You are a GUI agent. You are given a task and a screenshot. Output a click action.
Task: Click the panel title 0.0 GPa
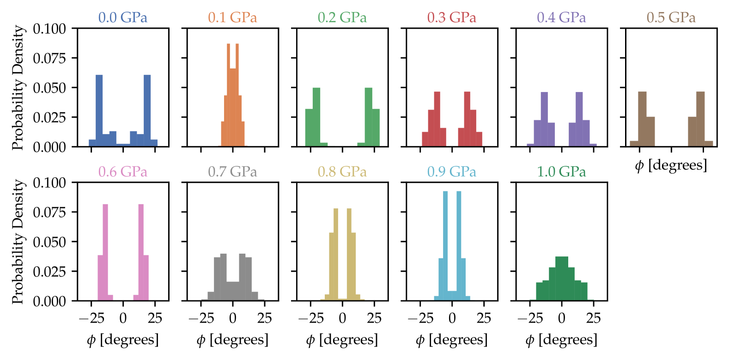pyautogui.click(x=122, y=18)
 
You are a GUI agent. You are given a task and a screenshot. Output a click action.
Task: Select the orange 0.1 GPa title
pyautogui.click(x=232, y=18)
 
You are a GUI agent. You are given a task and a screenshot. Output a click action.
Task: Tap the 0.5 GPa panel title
pyautogui.click(x=671, y=18)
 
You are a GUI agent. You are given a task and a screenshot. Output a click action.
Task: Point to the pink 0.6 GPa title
pyautogui.click(x=122, y=172)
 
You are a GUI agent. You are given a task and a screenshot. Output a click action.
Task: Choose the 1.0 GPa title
pyautogui.click(x=561, y=172)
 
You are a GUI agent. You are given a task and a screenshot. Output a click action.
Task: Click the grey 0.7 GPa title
pyautogui.click(x=232, y=172)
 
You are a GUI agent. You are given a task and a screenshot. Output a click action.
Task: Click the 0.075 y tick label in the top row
pyautogui.click(x=49, y=58)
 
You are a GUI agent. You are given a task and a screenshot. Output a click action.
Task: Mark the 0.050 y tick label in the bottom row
pyautogui.click(x=49, y=242)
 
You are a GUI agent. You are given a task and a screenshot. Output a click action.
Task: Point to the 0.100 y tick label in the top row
pyautogui.click(x=49, y=29)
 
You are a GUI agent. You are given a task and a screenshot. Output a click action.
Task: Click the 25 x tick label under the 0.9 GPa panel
pyautogui.click(x=484, y=318)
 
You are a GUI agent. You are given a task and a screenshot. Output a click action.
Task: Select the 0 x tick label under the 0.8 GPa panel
pyautogui.click(x=342, y=318)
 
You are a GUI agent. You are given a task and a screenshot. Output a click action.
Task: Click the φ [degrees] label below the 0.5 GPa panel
pyautogui.click(x=671, y=165)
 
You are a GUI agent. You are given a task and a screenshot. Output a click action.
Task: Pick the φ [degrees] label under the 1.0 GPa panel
pyautogui.click(x=561, y=340)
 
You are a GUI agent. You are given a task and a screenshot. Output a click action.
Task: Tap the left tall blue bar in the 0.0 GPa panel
pyautogui.click(x=99, y=111)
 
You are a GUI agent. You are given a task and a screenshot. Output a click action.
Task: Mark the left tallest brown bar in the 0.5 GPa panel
pyautogui.click(x=642, y=119)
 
